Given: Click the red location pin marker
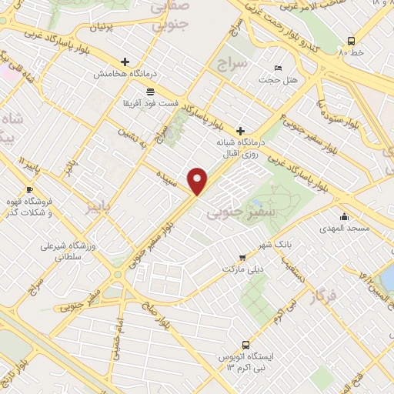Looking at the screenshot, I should (198, 182).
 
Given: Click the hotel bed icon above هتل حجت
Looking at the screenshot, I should (277, 68).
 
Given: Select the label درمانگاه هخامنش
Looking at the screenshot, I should (120, 74).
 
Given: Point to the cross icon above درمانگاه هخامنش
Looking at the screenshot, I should (125, 62).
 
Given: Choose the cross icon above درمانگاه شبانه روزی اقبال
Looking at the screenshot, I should (241, 131).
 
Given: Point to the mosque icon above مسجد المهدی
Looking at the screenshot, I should (343, 216).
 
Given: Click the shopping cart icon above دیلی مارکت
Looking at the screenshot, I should (242, 258).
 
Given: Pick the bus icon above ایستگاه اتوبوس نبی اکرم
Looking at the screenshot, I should (245, 345).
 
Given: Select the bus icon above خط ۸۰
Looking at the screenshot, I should (351, 41).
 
